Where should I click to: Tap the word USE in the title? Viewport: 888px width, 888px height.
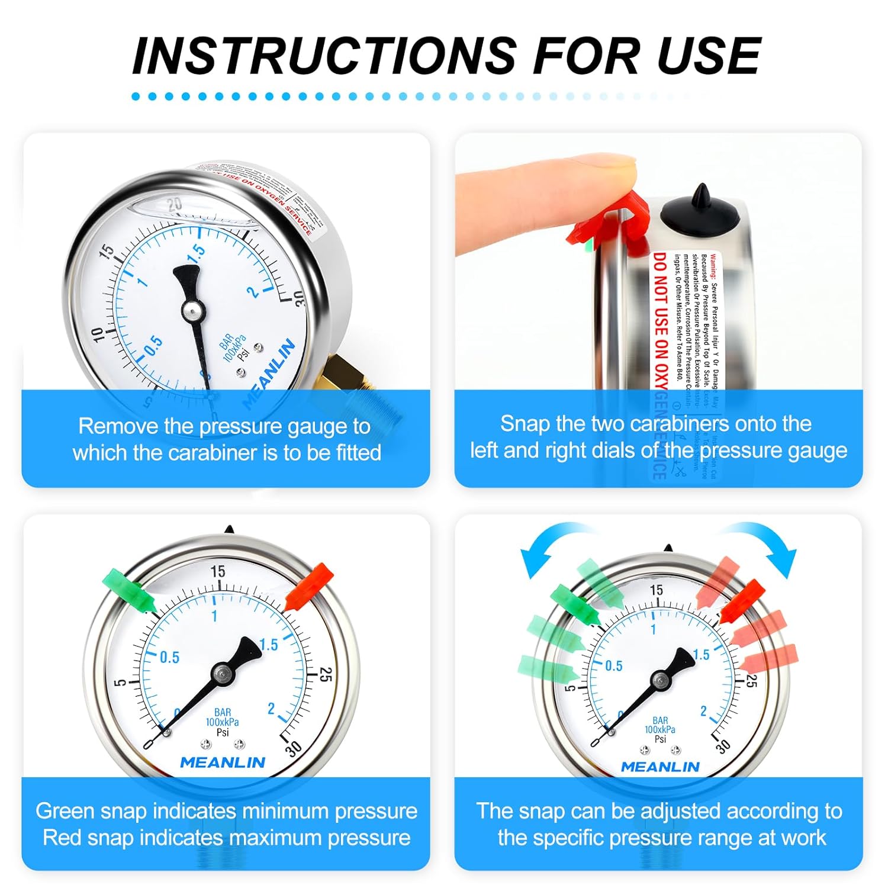click(x=708, y=56)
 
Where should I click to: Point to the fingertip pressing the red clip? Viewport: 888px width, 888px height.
click(x=616, y=172)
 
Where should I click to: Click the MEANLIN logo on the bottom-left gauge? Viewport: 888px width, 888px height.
click(x=223, y=762)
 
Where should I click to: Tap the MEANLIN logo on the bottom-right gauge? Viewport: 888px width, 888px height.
click(x=660, y=767)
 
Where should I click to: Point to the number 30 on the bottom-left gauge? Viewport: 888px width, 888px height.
click(x=293, y=748)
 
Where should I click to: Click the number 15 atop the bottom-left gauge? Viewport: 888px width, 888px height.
click(x=218, y=571)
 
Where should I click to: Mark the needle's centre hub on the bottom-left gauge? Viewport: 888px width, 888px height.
click(x=223, y=673)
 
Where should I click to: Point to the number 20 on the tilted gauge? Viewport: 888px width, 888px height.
click(x=174, y=205)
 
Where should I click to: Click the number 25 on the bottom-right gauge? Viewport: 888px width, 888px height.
click(x=749, y=681)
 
